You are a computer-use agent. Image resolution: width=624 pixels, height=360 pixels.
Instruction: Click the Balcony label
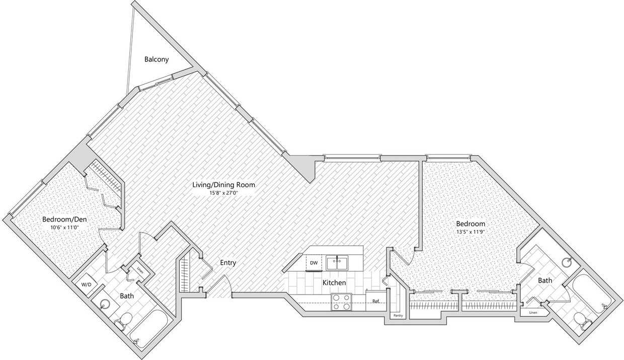point(157,59)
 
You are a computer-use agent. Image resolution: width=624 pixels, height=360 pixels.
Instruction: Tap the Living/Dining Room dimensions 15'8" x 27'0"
point(223,193)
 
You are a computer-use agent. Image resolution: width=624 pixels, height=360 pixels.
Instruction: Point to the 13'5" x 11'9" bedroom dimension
point(471,232)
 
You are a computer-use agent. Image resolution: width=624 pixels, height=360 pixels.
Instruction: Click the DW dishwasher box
point(314,263)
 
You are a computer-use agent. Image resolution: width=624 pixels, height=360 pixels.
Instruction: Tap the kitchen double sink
point(338,262)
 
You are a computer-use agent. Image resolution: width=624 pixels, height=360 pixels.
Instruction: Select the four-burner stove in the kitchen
point(341,302)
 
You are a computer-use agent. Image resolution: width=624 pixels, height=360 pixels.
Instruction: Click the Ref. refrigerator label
point(375,301)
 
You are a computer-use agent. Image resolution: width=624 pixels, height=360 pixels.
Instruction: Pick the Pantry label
point(398,316)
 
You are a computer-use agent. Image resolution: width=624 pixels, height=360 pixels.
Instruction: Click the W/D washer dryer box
point(87,284)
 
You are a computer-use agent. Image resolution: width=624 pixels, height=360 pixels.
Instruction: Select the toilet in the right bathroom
point(581,320)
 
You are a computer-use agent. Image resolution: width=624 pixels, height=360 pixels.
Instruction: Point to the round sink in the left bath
point(105,304)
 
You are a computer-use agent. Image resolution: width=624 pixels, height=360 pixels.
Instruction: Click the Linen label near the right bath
point(532,313)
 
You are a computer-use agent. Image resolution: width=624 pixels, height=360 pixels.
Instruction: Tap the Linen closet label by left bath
point(139,268)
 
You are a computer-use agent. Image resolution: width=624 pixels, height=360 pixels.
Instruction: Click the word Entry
point(228,263)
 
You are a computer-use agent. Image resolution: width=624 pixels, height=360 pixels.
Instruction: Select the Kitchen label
point(334,283)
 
